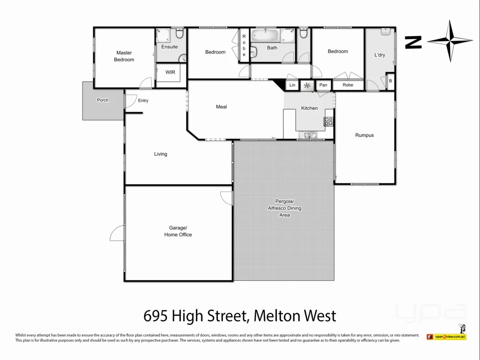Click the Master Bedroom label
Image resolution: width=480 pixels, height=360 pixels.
(124, 56)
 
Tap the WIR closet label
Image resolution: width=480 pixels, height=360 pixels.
(170, 72)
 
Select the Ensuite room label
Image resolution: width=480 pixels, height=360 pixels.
(169, 47)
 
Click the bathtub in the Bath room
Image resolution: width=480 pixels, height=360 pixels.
(265, 36)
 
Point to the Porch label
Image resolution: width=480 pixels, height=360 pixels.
(103, 100)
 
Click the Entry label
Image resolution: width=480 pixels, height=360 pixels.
(143, 101)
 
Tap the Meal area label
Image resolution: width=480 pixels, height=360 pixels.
(221, 107)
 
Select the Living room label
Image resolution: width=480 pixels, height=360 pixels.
(160, 154)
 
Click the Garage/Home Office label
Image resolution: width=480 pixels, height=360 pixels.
(178, 231)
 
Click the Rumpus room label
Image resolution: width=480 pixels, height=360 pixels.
(364, 135)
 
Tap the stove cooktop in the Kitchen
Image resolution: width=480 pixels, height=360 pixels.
(329, 121)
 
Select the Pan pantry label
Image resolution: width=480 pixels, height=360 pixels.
(323, 85)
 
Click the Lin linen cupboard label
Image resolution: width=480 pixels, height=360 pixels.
(292, 85)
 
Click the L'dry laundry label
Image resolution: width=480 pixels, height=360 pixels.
(380, 55)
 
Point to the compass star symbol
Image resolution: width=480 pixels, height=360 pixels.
(450, 41)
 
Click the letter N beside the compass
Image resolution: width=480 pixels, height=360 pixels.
(413, 42)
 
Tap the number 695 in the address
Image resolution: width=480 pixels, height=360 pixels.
(156, 316)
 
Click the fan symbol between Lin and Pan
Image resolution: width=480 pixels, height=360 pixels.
(307, 85)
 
